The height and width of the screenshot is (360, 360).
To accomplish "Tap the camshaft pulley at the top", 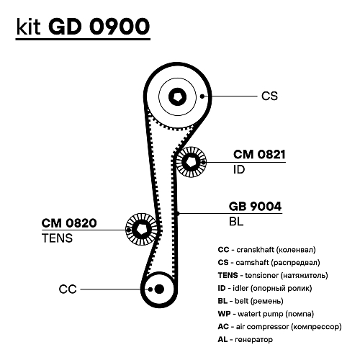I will pyautogui.click(x=176, y=95).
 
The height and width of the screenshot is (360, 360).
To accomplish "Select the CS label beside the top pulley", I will pyautogui.click(x=269, y=95).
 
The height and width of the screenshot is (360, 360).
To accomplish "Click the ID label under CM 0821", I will pyautogui.click(x=240, y=171).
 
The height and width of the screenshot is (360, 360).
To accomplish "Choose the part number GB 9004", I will pyautogui.click(x=255, y=205).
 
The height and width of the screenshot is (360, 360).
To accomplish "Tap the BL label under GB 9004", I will pyautogui.click(x=236, y=222).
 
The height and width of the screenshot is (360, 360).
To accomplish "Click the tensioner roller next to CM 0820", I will pyautogui.click(x=142, y=230).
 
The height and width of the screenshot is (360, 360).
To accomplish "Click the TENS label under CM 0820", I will pyautogui.click(x=57, y=238).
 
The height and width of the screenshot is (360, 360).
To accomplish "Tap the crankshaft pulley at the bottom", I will pyautogui.click(x=158, y=289).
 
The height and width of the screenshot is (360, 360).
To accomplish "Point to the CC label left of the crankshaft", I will pyautogui.click(x=67, y=289).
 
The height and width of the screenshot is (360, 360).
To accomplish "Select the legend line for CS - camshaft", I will pyautogui.click(x=268, y=262).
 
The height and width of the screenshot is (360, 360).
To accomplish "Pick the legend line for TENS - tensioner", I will pyautogui.click(x=272, y=275).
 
